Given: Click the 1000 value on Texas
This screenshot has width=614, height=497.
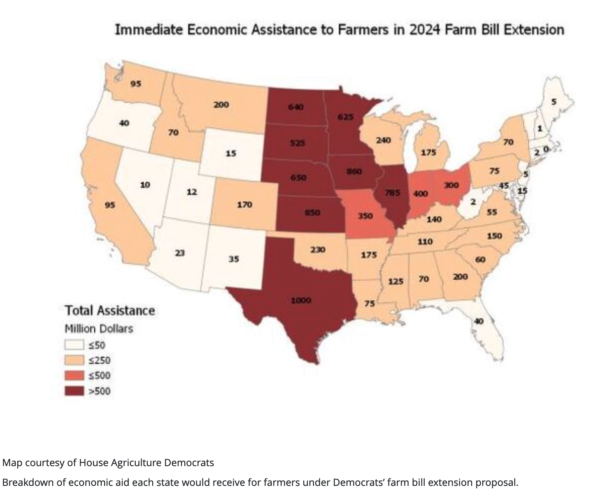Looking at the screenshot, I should coord(301,300).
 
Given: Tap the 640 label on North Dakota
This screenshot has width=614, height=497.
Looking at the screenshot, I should coord(296,107).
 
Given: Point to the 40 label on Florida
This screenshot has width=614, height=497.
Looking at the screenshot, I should coord(479,321).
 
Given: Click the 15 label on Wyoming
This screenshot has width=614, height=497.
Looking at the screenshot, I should coord(231,153).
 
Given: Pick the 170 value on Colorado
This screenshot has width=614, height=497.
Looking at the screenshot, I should coord(244,204).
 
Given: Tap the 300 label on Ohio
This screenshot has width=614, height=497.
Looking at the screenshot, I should coord(451,185).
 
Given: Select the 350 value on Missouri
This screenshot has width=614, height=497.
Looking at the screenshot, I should coord(365,216).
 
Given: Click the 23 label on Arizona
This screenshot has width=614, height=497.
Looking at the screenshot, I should coord(179,253).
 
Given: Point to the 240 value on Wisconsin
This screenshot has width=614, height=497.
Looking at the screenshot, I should coord(383,140).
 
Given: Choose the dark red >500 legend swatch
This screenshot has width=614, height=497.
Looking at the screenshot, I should coord(74,391).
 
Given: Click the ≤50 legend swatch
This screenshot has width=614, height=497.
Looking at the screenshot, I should coord(74,345).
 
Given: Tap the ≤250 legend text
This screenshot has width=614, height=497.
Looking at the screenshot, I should coord(100,360).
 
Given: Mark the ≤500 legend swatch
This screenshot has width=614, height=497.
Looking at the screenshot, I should coord(74,376).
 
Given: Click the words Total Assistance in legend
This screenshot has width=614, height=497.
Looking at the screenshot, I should coord(110,310).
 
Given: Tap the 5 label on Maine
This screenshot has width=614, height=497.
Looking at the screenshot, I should coord(554,102).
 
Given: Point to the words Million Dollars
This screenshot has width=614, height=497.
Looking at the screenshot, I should coord(99,329).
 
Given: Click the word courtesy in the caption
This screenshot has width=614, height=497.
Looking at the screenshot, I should coord(45,462).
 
